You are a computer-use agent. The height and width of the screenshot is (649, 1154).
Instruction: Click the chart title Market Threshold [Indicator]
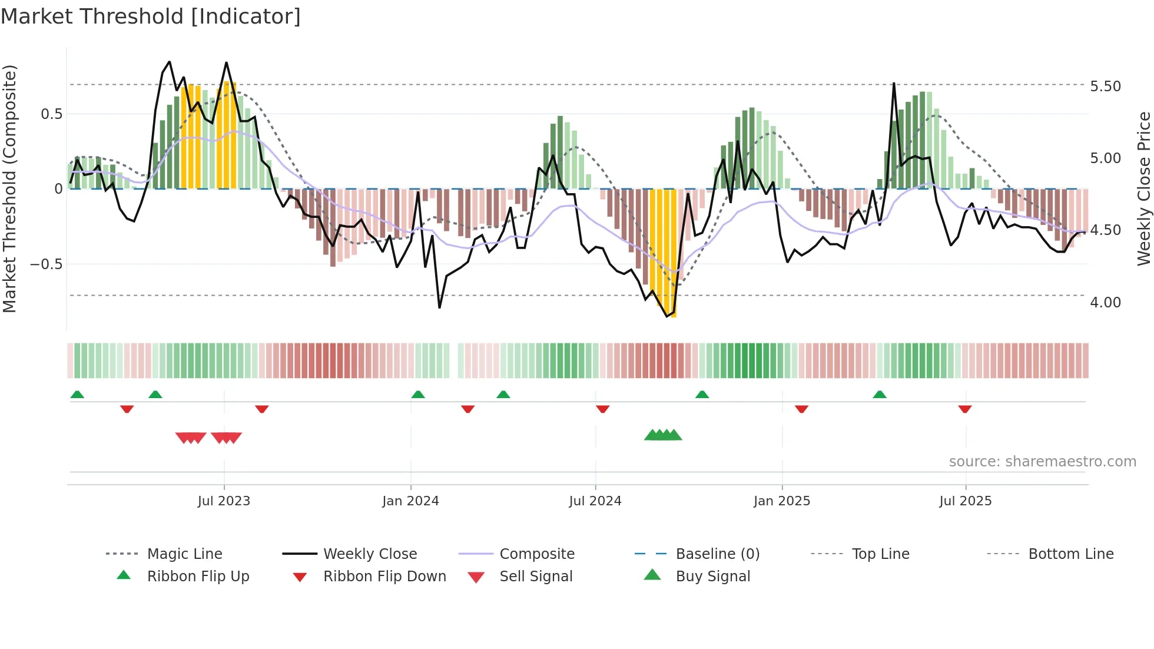pyautogui.click(x=151, y=16)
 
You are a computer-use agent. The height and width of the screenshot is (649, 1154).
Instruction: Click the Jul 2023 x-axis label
pyautogui.click(x=224, y=501)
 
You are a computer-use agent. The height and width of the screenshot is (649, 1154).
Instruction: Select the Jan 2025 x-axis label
pyautogui.click(x=781, y=501)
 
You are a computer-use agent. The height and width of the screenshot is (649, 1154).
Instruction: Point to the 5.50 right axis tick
pyautogui.click(x=1105, y=87)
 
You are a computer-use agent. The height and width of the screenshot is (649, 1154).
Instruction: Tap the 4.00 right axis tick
pyautogui.click(x=1105, y=303)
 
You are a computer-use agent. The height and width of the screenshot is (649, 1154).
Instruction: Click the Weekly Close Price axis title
pyautogui.click(x=1143, y=188)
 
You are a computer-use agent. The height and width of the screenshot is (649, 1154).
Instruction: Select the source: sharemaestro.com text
pyautogui.click(x=1042, y=462)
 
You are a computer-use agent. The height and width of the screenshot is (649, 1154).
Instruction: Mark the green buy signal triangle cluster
pyautogui.click(x=663, y=435)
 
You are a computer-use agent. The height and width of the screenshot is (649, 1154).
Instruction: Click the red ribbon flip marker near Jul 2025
pyautogui.click(x=964, y=409)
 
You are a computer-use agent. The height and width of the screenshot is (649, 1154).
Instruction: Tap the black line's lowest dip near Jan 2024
pyautogui.click(x=439, y=307)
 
